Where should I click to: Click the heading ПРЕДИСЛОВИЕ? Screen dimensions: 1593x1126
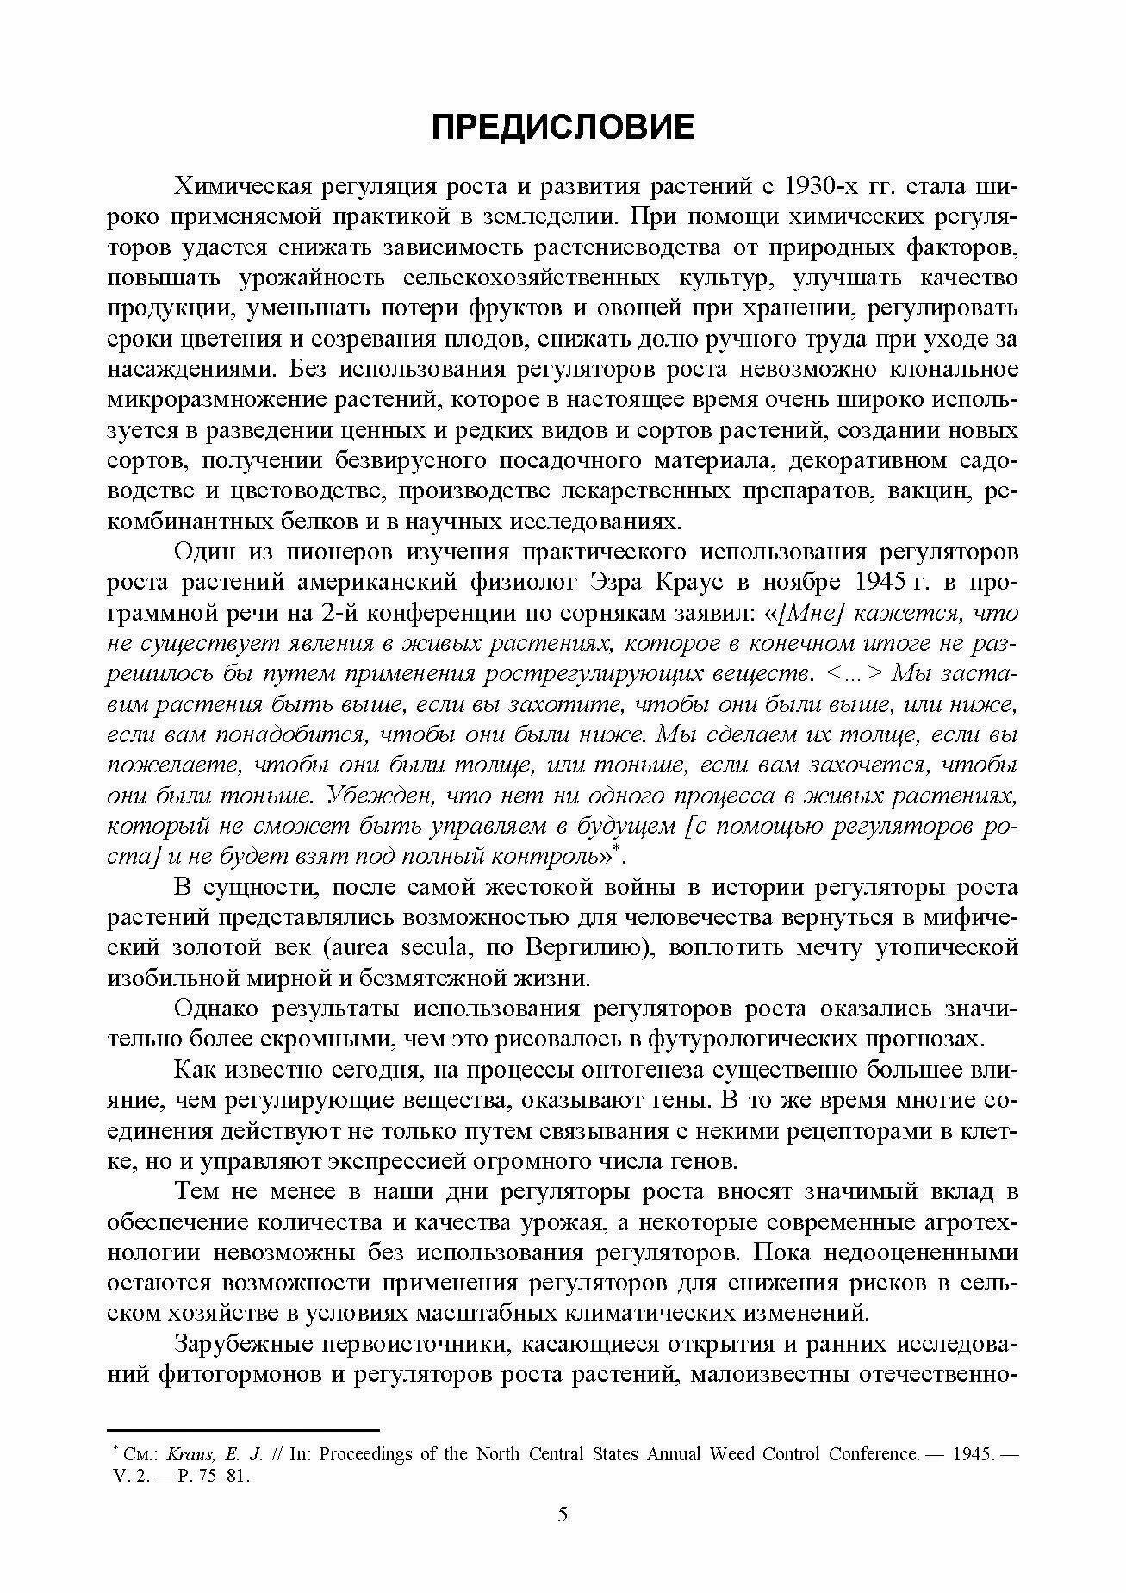point(563,127)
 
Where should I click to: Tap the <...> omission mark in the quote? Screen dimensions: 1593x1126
point(855,673)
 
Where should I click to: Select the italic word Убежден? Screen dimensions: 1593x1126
point(379,795)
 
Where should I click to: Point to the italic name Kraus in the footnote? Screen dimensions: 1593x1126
point(183,1454)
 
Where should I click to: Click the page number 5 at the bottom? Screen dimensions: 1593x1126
point(563,1539)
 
